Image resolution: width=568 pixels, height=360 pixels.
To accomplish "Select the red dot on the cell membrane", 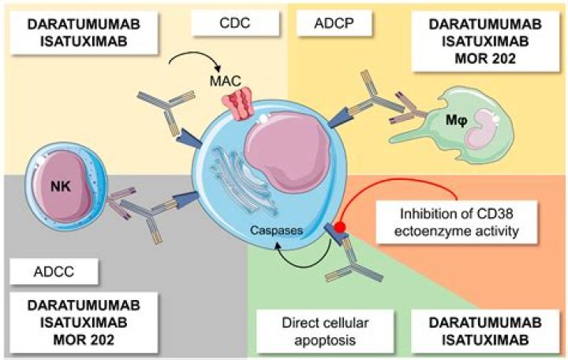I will click(340, 227).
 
